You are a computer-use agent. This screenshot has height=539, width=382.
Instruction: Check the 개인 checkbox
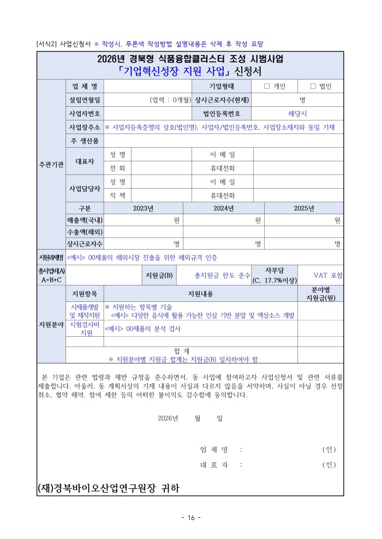point(267,86)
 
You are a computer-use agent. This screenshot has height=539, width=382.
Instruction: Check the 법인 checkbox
point(313,86)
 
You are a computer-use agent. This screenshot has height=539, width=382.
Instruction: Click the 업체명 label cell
point(85,86)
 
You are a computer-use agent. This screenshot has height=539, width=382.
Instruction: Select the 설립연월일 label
point(85,100)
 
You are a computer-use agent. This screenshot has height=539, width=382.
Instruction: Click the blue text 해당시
point(297,114)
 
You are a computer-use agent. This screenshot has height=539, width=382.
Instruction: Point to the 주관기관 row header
point(51,164)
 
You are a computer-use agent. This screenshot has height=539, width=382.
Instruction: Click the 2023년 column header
point(144,208)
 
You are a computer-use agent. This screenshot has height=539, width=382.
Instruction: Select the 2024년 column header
point(224,208)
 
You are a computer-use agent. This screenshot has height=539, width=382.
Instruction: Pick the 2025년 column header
point(304,208)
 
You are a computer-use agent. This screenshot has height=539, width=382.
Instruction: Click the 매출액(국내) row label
point(85,220)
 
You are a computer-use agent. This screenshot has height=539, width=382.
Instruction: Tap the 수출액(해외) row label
point(85,232)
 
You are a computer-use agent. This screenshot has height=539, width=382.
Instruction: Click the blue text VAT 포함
point(329,275)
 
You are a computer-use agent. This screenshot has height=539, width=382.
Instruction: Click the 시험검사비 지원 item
point(85,329)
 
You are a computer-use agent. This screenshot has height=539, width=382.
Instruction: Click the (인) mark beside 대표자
point(329,465)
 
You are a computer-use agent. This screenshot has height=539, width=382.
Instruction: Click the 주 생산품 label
point(85,141)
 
